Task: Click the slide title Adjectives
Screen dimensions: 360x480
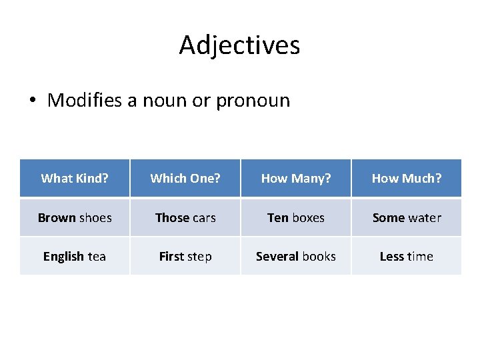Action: pyautogui.click(x=239, y=45)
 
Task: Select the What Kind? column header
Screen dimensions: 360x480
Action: pyautogui.click(x=75, y=178)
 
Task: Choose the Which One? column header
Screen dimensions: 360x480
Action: pyautogui.click(x=185, y=178)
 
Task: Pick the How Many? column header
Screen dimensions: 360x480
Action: pyautogui.click(x=296, y=178)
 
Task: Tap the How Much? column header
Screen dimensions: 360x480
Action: pyautogui.click(x=407, y=178)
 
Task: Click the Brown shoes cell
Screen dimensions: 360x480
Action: pyautogui.click(x=75, y=217)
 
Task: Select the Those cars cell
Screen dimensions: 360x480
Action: pyautogui.click(x=185, y=217)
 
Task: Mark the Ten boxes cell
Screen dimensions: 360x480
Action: pyautogui.click(x=296, y=217)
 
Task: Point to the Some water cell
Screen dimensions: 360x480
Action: pyautogui.click(x=407, y=217)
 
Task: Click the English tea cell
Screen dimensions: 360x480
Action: pyautogui.click(x=75, y=256)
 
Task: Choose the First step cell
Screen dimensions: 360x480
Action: pyautogui.click(x=185, y=256)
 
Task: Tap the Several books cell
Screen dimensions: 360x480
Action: pyautogui.click(x=296, y=256)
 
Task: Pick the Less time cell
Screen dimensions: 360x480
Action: pyautogui.click(x=407, y=256)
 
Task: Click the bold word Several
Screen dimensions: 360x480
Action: pyautogui.click(x=277, y=256)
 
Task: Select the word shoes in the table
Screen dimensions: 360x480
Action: pyautogui.click(x=95, y=217)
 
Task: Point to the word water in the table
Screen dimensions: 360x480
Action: pyautogui.click(x=425, y=217)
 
